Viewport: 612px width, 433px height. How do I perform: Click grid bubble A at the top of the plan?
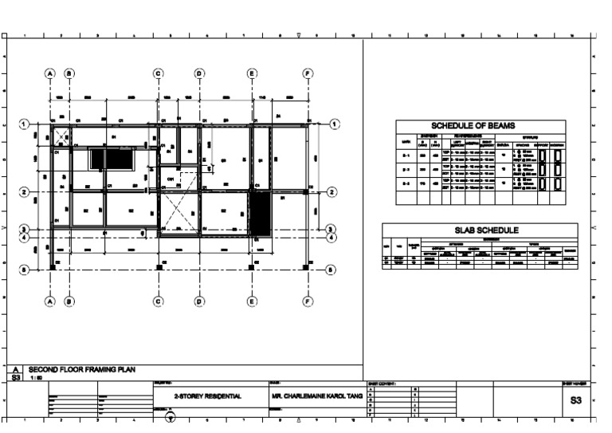tap(49, 73)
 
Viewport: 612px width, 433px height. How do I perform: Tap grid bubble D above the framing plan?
tap(199, 73)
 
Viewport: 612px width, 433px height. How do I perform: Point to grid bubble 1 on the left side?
tap(25, 124)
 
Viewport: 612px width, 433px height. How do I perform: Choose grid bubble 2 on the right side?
tap(332, 191)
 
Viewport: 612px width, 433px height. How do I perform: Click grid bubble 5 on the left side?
tap(25, 270)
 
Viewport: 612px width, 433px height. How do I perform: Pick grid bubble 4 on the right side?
tap(332, 237)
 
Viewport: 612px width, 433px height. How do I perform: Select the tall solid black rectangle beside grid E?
tap(261, 214)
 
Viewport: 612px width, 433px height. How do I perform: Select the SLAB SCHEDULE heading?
tap(480, 230)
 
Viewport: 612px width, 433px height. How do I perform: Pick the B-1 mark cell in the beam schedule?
tap(406, 154)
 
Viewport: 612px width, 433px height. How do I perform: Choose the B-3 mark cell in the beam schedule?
tap(406, 183)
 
